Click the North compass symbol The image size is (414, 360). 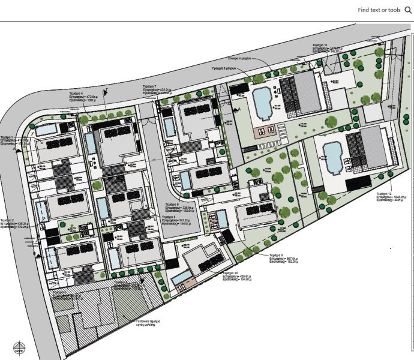(x=19, y=346)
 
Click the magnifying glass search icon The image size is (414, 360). (x=408, y=10)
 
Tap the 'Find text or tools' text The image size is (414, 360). (x=379, y=10)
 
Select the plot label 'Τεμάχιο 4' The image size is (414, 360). (x=76, y=94)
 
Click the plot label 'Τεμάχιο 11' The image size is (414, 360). (x=320, y=45)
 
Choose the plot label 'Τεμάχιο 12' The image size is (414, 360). (x=384, y=194)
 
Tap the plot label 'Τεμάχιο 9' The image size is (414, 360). (x=277, y=255)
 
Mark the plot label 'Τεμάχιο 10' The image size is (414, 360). (x=230, y=272)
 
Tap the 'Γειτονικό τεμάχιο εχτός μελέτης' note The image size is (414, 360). (x=146, y=323)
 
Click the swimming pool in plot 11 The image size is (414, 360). (x=262, y=103)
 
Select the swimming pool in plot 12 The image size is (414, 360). (x=332, y=156)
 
